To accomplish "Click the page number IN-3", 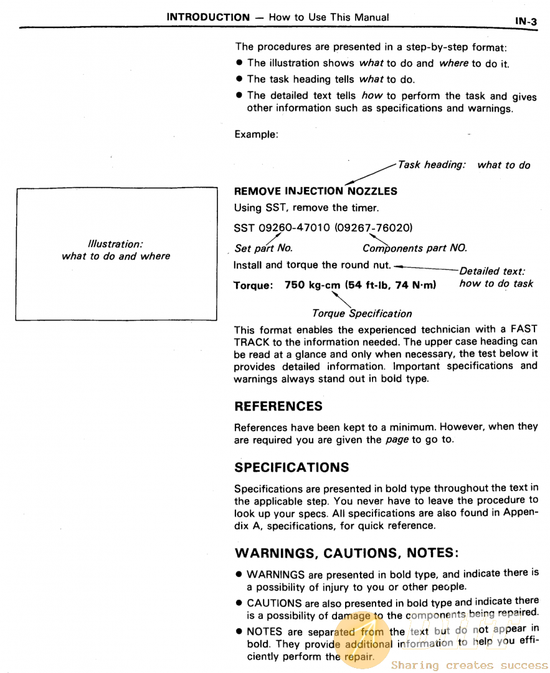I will pos(526,21).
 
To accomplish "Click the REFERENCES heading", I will pos(278,406).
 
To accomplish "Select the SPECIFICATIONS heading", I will pos(292,467).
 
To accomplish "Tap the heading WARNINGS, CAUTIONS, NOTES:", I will pos(347,553).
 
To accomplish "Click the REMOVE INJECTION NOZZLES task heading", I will pos(315,191).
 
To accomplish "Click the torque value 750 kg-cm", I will pos(312,285).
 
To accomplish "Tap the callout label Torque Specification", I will pos(362,313).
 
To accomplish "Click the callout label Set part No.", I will pos(263,248).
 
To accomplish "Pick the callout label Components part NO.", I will pos(414,248).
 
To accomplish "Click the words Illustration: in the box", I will pos(116,244).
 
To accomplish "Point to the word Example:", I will pos(256,134).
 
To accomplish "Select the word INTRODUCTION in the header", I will pos(207,17).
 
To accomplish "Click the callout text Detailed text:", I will pos(491,271).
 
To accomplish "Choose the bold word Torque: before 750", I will pos(254,285).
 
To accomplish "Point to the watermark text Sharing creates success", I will pos(469,666).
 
